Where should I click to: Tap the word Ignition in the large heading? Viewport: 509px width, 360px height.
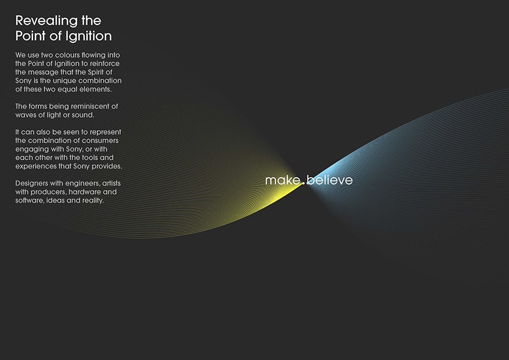click(88, 36)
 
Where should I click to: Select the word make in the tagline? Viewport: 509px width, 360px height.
click(282, 180)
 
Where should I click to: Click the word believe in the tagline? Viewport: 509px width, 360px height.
click(330, 180)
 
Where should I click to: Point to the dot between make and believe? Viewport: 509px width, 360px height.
click(303, 183)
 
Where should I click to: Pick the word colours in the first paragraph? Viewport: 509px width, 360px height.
click(67, 55)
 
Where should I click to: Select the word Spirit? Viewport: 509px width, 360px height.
click(95, 72)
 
